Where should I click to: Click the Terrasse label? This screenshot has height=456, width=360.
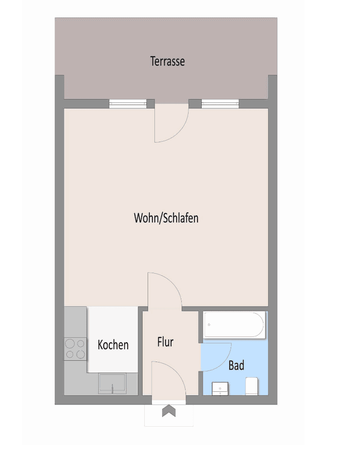[x=167, y=61]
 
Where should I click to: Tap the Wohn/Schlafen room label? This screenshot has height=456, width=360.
[x=166, y=218]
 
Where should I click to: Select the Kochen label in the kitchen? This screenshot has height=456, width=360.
[x=113, y=345]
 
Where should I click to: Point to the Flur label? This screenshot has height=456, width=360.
[x=165, y=342]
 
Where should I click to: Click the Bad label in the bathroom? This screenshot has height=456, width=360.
[x=236, y=365]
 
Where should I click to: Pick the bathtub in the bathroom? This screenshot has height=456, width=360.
[x=234, y=325]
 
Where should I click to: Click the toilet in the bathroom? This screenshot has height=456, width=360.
[x=252, y=386]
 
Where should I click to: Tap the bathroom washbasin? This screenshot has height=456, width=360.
[x=220, y=388]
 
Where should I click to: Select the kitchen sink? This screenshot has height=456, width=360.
[x=112, y=383]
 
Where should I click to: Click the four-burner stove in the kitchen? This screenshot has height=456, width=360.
[x=75, y=349]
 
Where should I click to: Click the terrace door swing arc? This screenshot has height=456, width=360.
[x=170, y=123]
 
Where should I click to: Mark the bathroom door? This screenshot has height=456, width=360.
[x=216, y=356]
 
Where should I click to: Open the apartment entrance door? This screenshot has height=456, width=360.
[x=168, y=381]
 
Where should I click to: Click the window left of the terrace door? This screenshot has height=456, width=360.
[x=128, y=103]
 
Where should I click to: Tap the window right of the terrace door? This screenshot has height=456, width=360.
[x=220, y=103]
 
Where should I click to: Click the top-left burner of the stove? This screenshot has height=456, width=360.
[x=70, y=343]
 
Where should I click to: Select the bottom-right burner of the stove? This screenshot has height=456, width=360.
[x=80, y=354]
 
